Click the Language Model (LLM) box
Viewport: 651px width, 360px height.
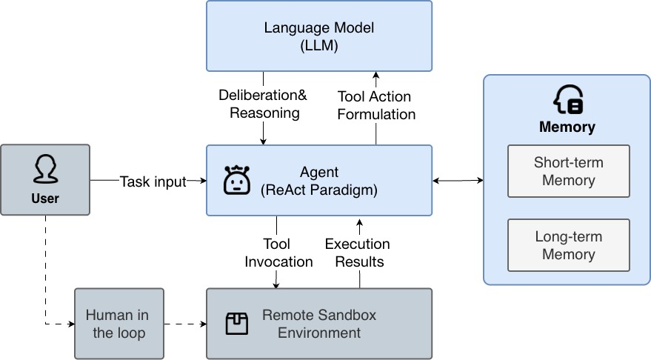tap(319, 36)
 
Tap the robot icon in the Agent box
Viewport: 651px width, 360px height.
tap(235, 181)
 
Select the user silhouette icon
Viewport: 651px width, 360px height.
tap(44, 170)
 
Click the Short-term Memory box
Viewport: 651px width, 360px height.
tap(568, 171)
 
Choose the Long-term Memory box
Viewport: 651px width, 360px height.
tap(568, 246)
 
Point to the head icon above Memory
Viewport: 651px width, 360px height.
tap(568, 99)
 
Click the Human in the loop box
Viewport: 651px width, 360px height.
tap(119, 324)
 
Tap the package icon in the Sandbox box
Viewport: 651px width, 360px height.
tap(236, 324)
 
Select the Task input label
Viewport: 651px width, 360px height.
tap(153, 181)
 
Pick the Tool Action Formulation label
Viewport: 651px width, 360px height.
tap(376, 105)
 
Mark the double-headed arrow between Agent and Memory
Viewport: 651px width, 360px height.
tap(458, 181)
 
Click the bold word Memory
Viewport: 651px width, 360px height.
tap(567, 127)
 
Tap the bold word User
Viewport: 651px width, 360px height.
tap(45, 199)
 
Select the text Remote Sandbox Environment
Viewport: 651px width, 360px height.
tap(319, 324)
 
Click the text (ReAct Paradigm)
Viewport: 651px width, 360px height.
tap(319, 190)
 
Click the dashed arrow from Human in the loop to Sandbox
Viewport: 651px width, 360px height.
tap(184, 324)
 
